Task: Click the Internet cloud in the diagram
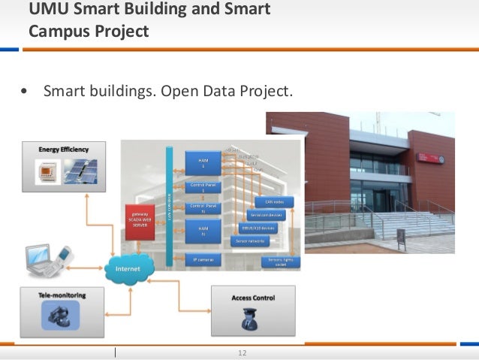[x=130, y=268]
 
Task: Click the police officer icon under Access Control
[x=248, y=320]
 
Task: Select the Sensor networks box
[x=250, y=241]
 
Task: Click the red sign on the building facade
[x=440, y=159]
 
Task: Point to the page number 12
[x=242, y=353]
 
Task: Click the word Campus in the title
[x=62, y=32]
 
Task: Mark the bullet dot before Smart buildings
[x=26, y=92]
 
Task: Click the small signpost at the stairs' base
[x=401, y=237]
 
